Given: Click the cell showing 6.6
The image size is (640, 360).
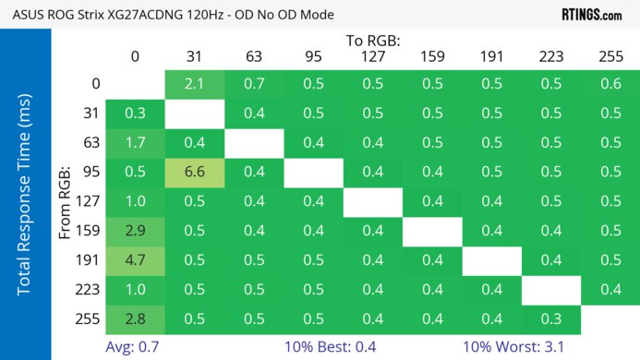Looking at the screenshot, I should pos(194,173).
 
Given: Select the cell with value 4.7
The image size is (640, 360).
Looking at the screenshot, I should pos(135,259).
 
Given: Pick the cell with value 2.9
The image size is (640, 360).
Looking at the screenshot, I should pos(135,231).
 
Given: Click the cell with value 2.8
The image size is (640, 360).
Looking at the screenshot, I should pos(135,318).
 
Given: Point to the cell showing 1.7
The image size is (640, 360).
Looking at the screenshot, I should pos(135,143).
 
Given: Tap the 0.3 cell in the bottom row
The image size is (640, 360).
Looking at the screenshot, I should pos(551,318).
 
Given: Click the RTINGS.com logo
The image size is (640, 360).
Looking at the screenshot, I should pos(592,15).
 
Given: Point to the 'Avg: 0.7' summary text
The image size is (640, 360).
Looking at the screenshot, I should pos(135,346).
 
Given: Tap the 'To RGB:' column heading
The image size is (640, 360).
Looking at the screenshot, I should pos(372,41).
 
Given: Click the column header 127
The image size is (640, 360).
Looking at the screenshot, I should pos(372,57).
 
